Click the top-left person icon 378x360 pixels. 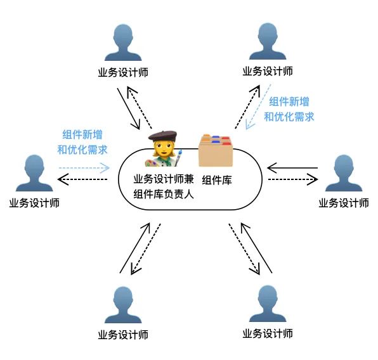click(x=123, y=43)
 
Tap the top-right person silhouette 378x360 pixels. click(x=268, y=42)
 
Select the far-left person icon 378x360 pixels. click(x=34, y=173)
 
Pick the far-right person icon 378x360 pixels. click(x=344, y=173)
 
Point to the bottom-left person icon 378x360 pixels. click(x=123, y=305)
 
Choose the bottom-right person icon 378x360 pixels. click(x=268, y=304)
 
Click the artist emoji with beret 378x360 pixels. click(x=164, y=149)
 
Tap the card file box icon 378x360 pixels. click(x=216, y=150)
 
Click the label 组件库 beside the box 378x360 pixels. click(x=217, y=180)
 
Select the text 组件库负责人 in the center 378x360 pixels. click(x=164, y=194)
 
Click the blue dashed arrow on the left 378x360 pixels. click(x=84, y=168)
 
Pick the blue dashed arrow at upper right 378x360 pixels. click(x=258, y=106)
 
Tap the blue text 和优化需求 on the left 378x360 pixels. click(x=82, y=150)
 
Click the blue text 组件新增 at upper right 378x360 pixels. click(x=289, y=101)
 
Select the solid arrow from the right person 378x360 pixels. click(x=292, y=168)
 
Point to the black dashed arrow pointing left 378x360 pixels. click(x=82, y=179)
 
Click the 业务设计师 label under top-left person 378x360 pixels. click(x=123, y=72)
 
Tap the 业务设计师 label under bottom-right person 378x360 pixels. click(x=268, y=334)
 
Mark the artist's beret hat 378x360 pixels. click(x=162, y=136)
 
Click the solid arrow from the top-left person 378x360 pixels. click(x=129, y=108)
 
